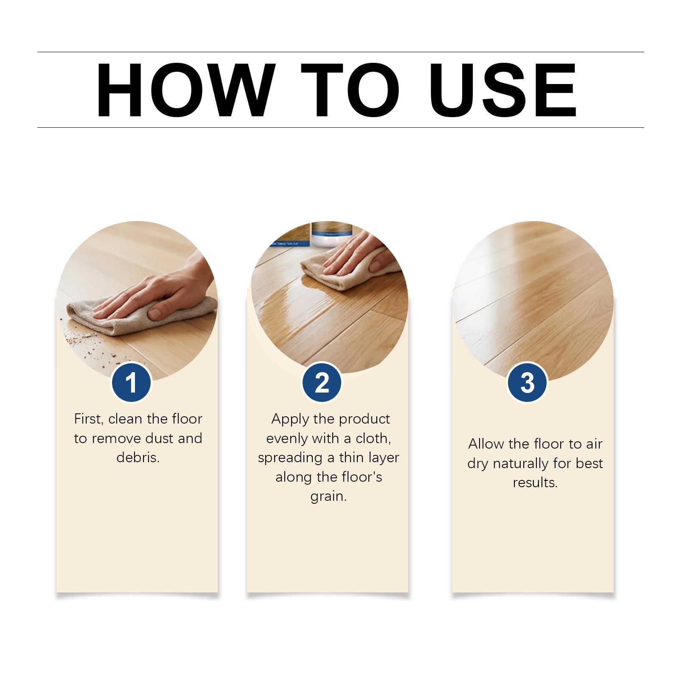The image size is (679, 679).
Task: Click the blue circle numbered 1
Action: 131,382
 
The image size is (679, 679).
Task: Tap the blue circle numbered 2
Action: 322,382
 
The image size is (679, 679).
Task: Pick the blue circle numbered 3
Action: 527,382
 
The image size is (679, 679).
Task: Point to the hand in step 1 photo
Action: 161,293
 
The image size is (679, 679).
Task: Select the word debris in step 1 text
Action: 138,457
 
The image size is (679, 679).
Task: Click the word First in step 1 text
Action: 88,419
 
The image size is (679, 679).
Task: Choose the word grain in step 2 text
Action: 328,497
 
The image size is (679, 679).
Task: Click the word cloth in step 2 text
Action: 373,438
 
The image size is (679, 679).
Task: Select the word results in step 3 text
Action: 535,483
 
